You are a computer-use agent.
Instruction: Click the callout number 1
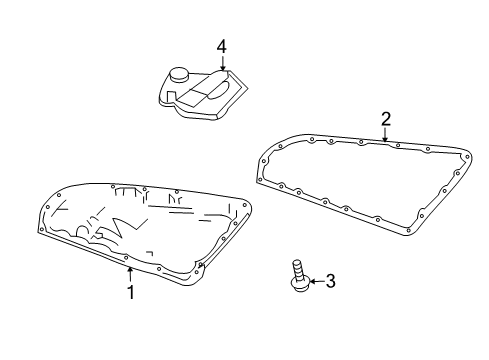click(131, 292)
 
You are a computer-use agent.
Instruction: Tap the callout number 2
click(386, 119)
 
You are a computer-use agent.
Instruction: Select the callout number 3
click(330, 281)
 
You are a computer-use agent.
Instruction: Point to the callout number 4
click(222, 47)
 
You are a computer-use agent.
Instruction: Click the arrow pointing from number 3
click(317, 282)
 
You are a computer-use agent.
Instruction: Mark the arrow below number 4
click(223, 63)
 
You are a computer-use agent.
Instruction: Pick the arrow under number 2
click(385, 135)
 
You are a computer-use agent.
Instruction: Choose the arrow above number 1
click(130, 275)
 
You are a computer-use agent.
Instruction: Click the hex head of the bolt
click(300, 284)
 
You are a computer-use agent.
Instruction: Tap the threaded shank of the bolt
click(298, 269)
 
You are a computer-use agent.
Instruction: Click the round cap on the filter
click(179, 74)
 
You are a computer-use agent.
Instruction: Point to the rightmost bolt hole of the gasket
click(467, 157)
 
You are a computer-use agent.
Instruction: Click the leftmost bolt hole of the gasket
click(264, 161)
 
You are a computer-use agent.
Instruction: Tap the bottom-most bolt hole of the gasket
click(409, 230)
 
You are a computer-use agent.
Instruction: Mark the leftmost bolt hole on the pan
click(41, 229)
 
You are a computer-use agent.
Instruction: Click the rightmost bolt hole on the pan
click(244, 205)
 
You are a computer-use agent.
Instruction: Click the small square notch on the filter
click(171, 95)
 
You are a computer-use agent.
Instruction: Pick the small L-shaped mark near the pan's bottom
click(150, 253)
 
